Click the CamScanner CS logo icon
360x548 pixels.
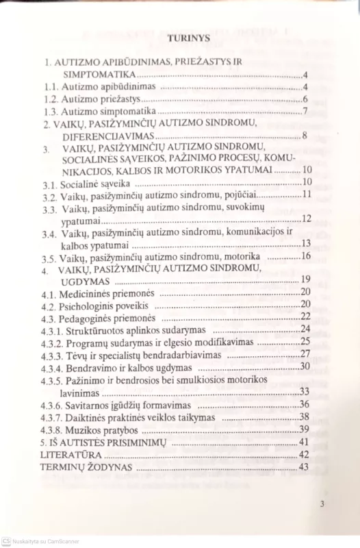(6, 540)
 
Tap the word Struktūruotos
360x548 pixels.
(102, 329)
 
